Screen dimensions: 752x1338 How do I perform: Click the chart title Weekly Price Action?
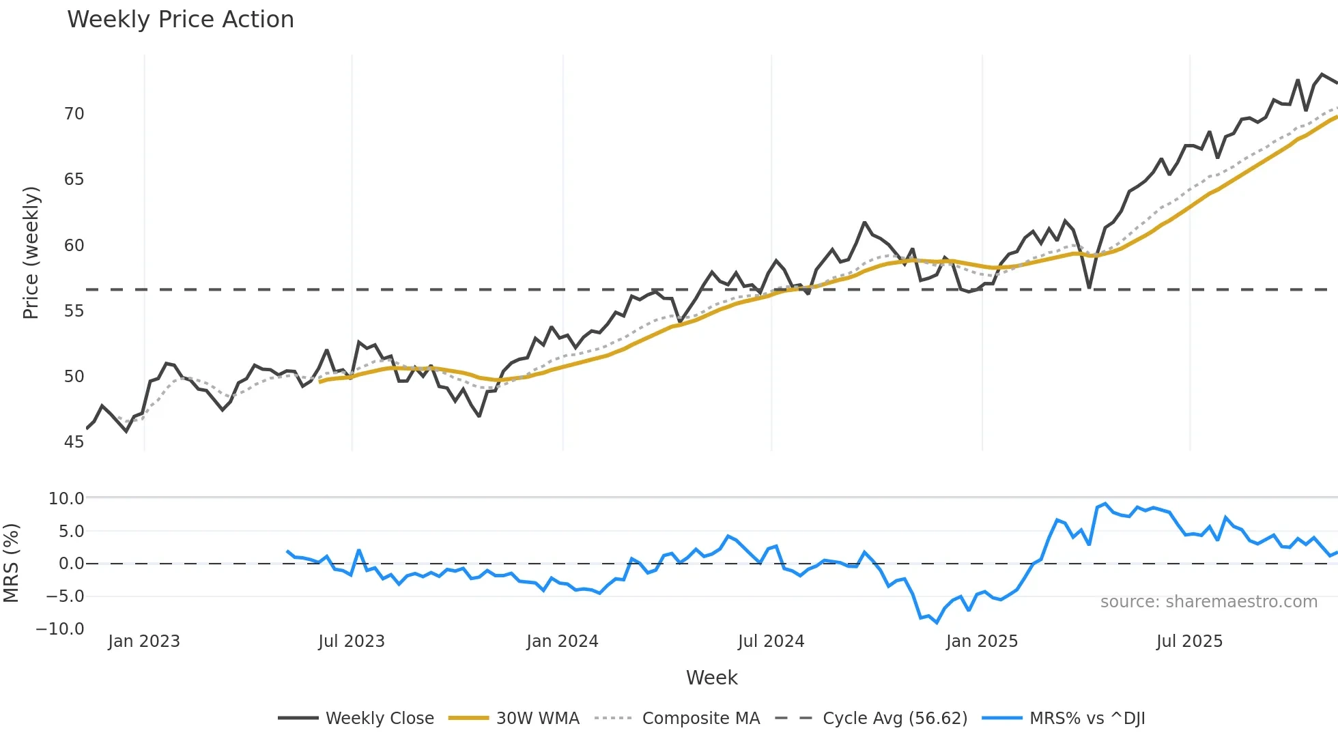click(x=180, y=20)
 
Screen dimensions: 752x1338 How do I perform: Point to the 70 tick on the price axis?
click(x=74, y=114)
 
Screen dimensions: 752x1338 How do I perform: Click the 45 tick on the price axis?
click(x=74, y=442)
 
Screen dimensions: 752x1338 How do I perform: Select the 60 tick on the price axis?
click(x=74, y=246)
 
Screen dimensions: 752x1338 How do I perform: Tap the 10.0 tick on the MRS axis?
click(x=66, y=499)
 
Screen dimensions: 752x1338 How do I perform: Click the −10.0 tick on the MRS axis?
click(x=60, y=629)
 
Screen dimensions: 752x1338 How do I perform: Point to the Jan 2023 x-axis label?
click(x=144, y=641)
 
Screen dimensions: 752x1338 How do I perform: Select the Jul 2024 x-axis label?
click(x=771, y=641)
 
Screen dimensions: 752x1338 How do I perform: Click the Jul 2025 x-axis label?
click(x=1189, y=641)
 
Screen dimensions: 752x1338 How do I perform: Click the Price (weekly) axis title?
click(x=31, y=252)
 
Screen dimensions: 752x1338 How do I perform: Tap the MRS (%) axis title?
click(x=11, y=563)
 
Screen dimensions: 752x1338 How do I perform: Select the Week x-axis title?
click(x=711, y=678)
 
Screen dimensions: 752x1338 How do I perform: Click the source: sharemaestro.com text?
click(x=1208, y=602)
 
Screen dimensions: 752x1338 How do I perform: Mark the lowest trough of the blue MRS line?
click(x=937, y=622)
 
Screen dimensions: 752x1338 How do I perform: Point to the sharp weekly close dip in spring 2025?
click(x=1090, y=287)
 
